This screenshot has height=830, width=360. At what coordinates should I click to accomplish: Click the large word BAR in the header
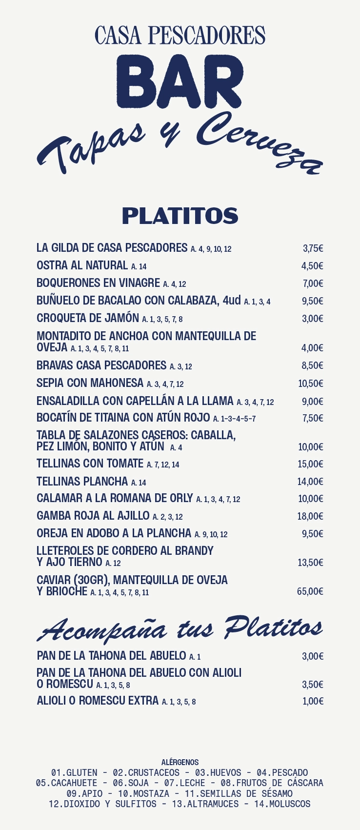[180, 81]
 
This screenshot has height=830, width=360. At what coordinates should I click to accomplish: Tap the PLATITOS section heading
[180, 216]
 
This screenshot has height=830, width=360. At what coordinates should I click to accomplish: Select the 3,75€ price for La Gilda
[313, 248]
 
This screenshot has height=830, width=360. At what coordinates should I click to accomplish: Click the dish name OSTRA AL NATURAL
[82, 265]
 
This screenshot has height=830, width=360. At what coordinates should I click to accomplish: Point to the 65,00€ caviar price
[310, 591]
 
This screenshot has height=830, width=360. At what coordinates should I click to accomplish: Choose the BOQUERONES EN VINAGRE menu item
[98, 283]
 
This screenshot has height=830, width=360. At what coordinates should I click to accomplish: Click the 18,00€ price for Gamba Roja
[310, 516]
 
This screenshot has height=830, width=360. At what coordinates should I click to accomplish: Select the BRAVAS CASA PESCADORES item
[101, 365]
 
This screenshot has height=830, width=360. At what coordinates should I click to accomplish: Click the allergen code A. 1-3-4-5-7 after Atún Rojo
[234, 419]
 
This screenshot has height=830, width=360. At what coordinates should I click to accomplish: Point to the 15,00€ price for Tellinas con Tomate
[310, 464]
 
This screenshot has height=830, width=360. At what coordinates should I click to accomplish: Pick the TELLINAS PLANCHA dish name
[82, 482]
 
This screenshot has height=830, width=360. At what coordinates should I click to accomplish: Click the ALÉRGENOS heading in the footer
[180, 762]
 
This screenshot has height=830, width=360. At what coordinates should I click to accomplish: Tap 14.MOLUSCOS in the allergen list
[282, 804]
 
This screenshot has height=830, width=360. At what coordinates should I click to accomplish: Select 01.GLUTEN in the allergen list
[74, 772]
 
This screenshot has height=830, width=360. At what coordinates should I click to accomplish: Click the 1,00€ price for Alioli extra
[313, 701]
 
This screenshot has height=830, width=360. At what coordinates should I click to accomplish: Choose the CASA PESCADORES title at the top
[180, 36]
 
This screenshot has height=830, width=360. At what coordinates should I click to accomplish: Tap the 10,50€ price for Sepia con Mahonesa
[311, 384]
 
